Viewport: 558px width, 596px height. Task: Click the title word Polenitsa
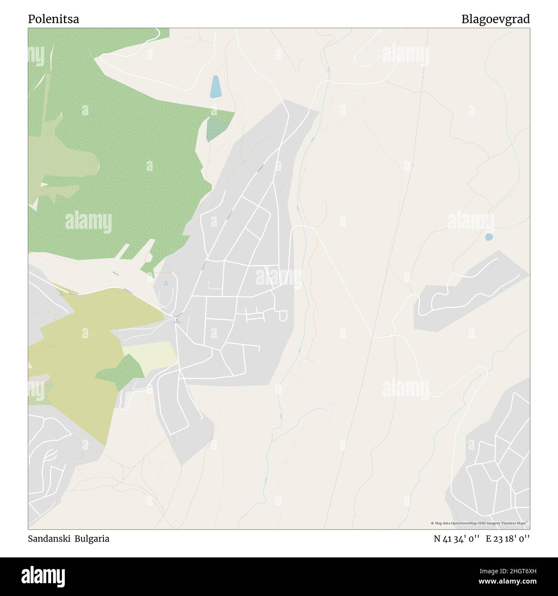[x=53, y=19]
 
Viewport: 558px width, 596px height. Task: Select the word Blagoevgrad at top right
[x=495, y=19]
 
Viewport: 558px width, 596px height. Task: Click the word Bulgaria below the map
[x=92, y=539]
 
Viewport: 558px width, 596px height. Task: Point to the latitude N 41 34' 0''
[x=457, y=539]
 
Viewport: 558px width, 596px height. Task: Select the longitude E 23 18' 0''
[x=508, y=539]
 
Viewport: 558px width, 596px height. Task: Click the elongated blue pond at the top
[x=215, y=87]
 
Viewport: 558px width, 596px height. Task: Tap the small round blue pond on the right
[x=488, y=237]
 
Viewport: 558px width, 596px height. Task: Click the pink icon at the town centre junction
[x=176, y=319]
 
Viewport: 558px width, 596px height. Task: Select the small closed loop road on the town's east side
[x=283, y=316]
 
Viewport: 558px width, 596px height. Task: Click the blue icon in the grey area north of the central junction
[x=166, y=283]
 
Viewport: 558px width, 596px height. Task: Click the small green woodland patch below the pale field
[x=121, y=370]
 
